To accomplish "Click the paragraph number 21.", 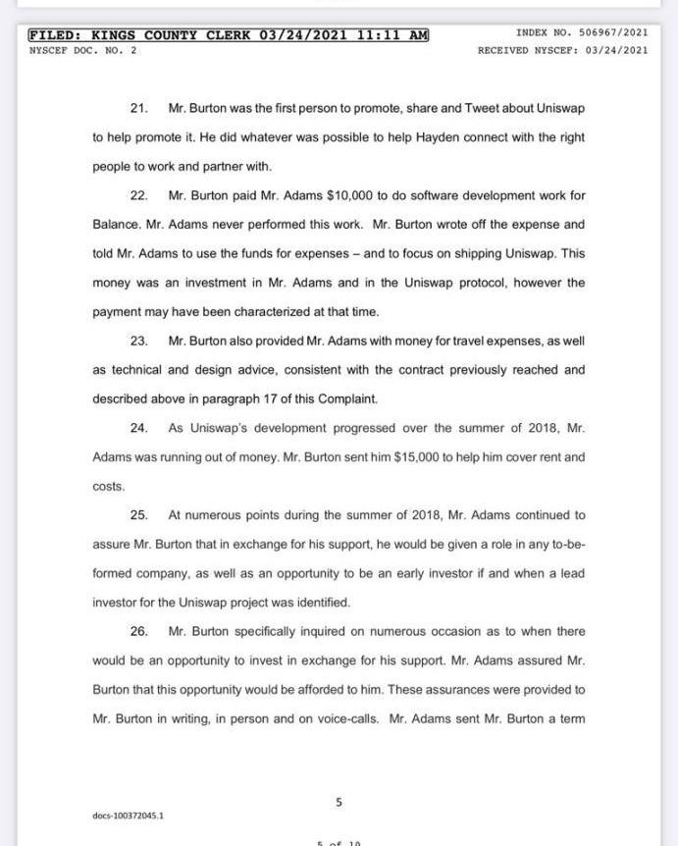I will [x=138, y=108].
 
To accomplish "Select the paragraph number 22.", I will [x=138, y=195].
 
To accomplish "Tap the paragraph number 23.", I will [x=138, y=341].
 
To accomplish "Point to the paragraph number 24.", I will [x=138, y=428].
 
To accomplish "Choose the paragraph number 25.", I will [x=138, y=514].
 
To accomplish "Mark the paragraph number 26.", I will [x=138, y=631].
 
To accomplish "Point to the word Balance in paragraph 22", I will [x=116, y=225].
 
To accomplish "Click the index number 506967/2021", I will [x=609, y=32].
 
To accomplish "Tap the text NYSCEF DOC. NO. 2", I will [x=83, y=50].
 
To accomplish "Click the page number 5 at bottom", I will [x=339, y=802].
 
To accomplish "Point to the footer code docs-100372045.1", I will [x=129, y=816].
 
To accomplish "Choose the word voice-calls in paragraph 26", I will [x=348, y=719].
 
